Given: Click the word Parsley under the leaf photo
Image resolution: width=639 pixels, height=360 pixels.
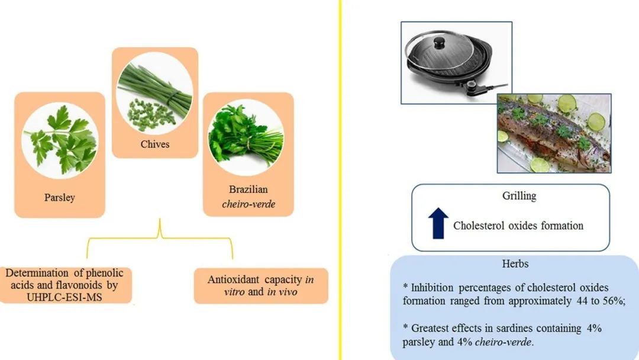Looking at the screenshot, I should tap(59, 197).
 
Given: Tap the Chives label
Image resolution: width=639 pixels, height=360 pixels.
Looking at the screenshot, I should tap(155, 144).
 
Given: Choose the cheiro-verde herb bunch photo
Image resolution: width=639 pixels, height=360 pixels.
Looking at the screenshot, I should tap(248, 137).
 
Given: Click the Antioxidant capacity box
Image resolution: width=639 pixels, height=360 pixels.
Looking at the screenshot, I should tap(261, 286).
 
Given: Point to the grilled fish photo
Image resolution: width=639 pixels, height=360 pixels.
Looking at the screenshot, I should tap(553, 134).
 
